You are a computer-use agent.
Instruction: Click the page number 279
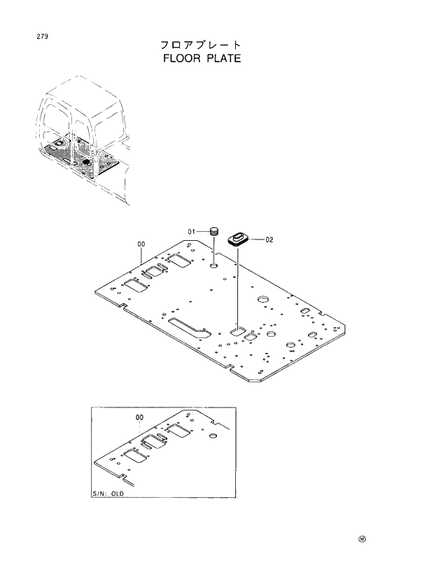(33, 36)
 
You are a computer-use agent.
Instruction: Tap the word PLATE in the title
(222, 58)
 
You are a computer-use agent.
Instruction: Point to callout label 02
(269, 239)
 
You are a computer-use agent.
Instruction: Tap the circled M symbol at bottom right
(362, 539)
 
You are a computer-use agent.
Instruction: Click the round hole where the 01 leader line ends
(213, 266)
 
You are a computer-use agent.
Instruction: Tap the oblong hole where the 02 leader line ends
(237, 328)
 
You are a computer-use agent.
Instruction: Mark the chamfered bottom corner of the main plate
(255, 379)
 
